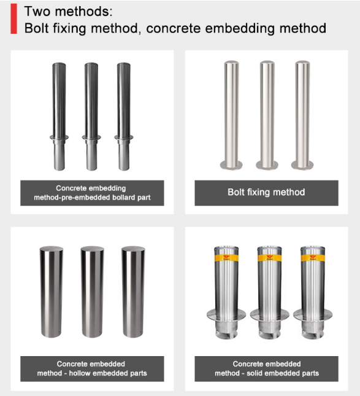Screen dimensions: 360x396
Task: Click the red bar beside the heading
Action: pyautogui.click(x=13, y=18)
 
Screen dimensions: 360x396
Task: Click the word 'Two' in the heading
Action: pyautogui.click(x=37, y=12)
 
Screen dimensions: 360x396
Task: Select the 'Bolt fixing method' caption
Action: pyautogui.click(x=266, y=192)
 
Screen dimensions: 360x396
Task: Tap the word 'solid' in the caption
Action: pyautogui.click(x=253, y=373)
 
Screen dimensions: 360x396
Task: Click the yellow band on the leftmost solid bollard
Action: pyautogui.click(x=226, y=258)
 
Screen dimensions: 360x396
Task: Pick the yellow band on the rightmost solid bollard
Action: pyautogui.click(x=313, y=258)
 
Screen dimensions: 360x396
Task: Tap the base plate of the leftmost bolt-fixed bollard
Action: pyautogui.click(x=231, y=165)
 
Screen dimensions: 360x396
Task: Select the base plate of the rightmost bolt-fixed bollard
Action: pyautogui.click(x=302, y=165)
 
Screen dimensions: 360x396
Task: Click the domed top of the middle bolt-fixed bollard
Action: pyautogui.click(x=267, y=63)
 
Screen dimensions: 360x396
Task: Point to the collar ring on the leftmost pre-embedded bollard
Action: pyautogui.click(x=59, y=138)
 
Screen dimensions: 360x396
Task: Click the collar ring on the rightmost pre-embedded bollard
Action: pyautogui.click(x=124, y=138)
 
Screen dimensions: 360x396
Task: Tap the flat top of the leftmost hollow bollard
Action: pyautogui.click(x=52, y=249)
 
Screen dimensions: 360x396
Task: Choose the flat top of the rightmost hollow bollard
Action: pyautogui.click(x=133, y=249)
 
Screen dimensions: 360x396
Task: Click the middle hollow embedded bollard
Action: pyautogui.click(x=93, y=292)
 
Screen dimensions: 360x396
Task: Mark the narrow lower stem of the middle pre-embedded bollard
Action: pyautogui.click(x=91, y=155)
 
